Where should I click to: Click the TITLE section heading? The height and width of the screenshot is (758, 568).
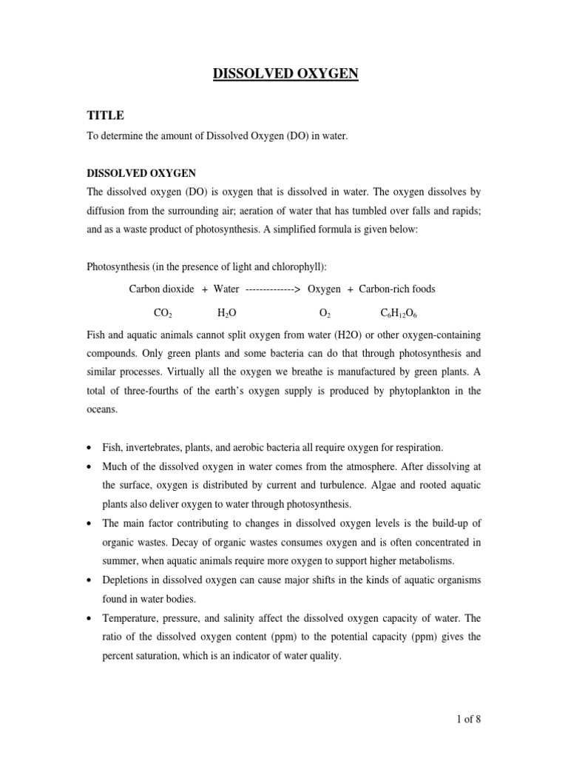click(106, 115)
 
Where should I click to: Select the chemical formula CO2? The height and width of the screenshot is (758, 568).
click(163, 314)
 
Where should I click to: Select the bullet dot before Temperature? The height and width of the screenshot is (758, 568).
click(90, 617)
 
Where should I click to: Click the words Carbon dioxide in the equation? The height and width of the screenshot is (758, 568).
click(162, 289)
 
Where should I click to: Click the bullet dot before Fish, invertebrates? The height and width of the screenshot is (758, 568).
click(90, 448)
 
